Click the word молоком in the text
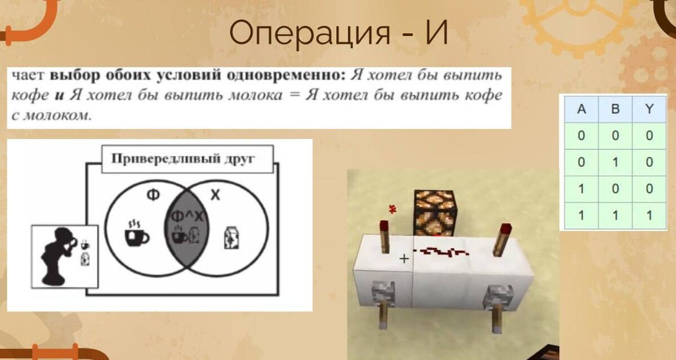56,116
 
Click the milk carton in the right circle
230,237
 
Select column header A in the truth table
581,109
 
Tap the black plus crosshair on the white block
404,259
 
